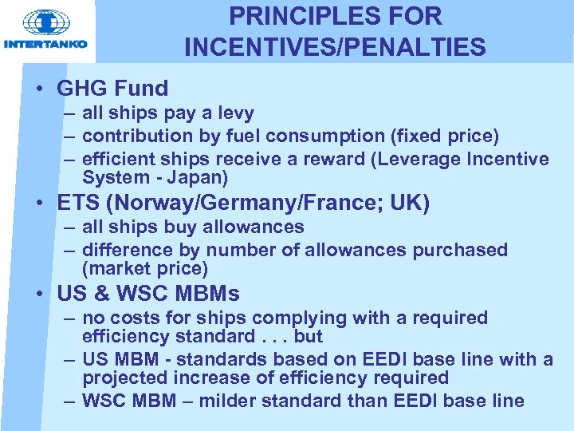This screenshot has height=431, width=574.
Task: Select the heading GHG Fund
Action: point(112,89)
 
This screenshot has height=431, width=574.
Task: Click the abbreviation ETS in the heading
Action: point(76,204)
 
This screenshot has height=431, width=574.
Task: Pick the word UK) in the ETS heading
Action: point(410,204)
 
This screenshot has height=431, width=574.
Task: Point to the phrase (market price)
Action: point(144,268)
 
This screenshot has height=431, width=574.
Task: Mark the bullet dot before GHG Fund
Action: point(39,89)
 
